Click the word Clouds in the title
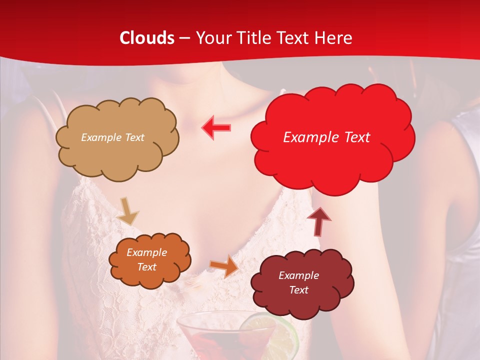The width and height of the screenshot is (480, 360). pyautogui.click(x=147, y=38)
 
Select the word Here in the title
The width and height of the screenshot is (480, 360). pyautogui.click(x=334, y=38)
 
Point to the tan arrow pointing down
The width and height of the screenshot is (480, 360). pyautogui.click(x=127, y=211)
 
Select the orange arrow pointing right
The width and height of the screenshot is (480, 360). pyautogui.click(x=224, y=266)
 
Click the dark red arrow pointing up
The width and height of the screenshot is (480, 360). pyautogui.click(x=319, y=220)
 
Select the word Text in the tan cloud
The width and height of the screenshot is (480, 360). pyautogui.click(x=133, y=137)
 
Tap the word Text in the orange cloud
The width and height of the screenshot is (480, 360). pyautogui.click(x=147, y=267)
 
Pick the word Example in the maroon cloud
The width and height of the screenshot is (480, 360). pyautogui.click(x=298, y=275)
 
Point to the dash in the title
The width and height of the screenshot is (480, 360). pyautogui.click(x=184, y=38)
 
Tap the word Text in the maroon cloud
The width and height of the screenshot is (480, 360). pyautogui.click(x=298, y=290)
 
